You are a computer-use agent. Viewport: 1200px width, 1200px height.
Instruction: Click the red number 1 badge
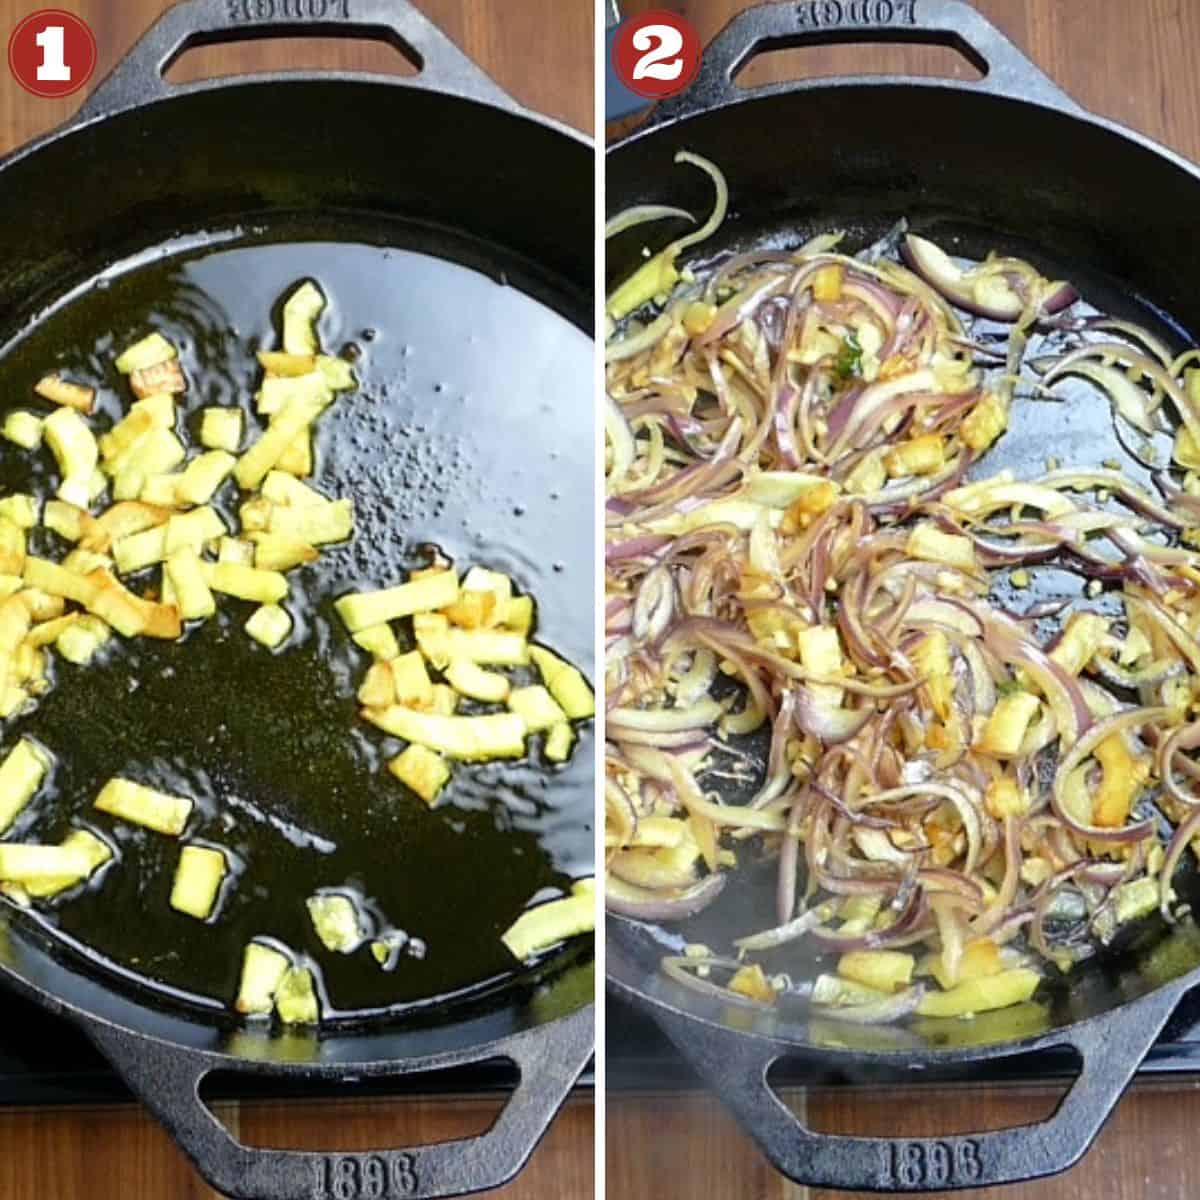tap(52, 52)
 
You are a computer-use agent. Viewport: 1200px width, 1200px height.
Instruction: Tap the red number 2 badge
tap(655, 52)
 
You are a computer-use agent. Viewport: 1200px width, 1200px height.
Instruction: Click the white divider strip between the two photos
tap(600, 600)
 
